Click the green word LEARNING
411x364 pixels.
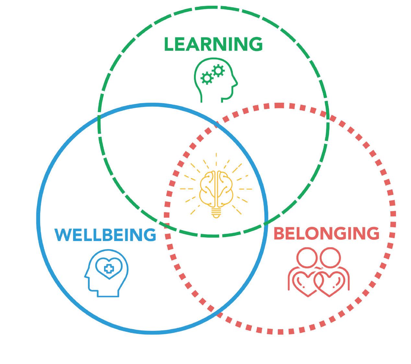[213, 44]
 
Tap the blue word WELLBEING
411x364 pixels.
[105, 235]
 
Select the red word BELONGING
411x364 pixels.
[326, 233]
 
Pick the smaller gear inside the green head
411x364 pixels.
[206, 78]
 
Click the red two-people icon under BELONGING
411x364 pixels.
[319, 272]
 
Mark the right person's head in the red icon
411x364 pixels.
[330, 257]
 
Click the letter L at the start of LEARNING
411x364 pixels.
[169, 44]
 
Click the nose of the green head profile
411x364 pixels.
[236, 83]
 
